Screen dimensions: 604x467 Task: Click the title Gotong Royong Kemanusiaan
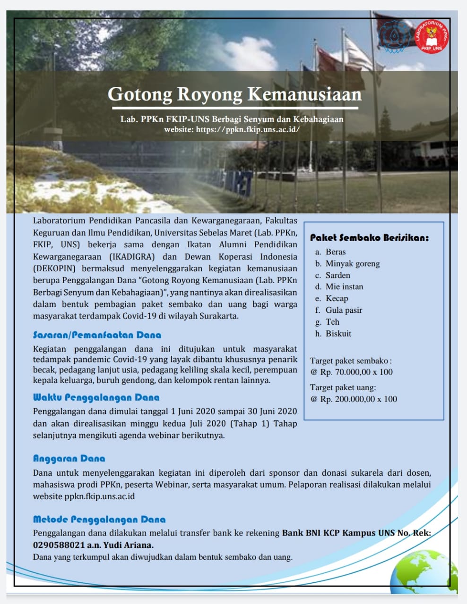234,94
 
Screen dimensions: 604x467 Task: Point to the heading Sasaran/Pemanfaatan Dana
97,335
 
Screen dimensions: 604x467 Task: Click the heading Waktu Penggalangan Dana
96,397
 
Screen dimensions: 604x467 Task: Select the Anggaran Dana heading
69,458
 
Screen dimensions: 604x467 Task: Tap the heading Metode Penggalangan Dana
99,520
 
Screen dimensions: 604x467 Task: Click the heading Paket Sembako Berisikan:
369,237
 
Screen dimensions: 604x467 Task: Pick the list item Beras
336,252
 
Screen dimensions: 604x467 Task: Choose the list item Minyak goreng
353,264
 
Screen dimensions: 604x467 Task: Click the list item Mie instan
344,287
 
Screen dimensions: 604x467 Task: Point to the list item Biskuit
338,334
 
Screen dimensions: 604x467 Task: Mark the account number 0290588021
59,545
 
